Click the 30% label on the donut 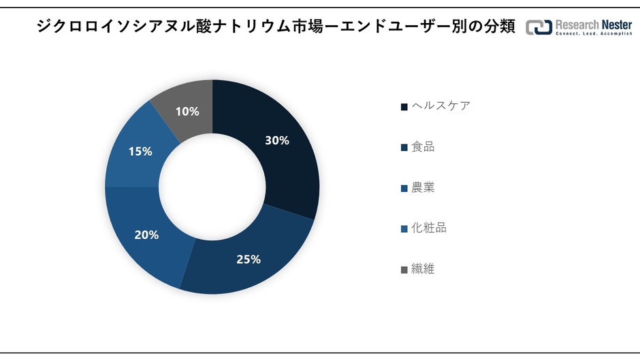pos(277,141)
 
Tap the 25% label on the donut pos(249,259)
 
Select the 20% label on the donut pos(146,235)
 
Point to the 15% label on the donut pos(140,151)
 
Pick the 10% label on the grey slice pos(187,111)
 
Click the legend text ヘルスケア pos(441,105)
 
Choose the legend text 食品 pos(423,146)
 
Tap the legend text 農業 pos(423,187)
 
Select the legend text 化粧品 pos(429,228)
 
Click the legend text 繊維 pos(423,269)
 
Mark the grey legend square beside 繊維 pos(404,269)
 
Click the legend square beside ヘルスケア pos(404,106)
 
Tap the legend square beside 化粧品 pos(404,229)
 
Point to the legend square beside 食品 pos(404,147)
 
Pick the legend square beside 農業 pos(404,188)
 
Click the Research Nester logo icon pos(539,27)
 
